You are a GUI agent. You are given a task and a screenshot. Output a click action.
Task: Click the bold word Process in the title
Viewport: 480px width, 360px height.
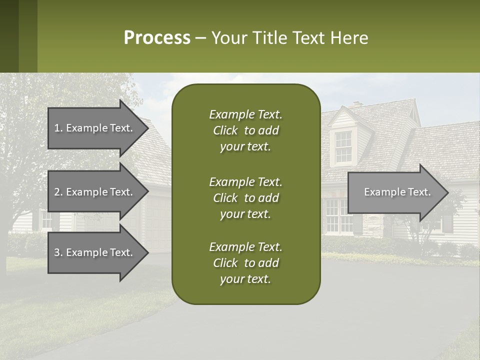tap(157, 38)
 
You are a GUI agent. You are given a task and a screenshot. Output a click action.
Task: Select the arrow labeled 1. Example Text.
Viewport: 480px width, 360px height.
tap(95, 128)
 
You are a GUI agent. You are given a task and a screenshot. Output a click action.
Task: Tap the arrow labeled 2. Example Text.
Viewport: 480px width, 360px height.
tap(95, 192)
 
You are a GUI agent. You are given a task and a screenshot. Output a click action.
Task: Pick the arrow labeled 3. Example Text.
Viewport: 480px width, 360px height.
tap(95, 252)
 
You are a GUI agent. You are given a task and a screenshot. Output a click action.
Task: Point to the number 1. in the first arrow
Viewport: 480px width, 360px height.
tap(58, 128)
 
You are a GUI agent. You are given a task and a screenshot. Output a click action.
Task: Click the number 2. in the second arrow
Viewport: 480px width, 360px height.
tap(58, 192)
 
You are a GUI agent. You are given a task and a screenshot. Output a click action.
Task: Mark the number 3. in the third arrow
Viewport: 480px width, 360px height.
tap(58, 252)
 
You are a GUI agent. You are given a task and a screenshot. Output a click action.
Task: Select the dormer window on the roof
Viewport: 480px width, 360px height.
tap(343, 146)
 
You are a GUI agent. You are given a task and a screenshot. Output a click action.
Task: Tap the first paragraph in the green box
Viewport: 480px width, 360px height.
tap(245, 130)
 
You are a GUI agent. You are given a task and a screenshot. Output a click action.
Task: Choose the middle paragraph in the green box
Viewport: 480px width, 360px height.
tap(245, 197)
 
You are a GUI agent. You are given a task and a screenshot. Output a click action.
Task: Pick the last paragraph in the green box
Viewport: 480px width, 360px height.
tap(245, 263)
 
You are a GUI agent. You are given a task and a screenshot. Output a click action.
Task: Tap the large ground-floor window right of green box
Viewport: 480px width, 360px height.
tap(339, 216)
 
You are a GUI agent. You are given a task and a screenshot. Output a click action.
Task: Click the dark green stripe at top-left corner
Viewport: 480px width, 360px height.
tap(9, 36)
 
